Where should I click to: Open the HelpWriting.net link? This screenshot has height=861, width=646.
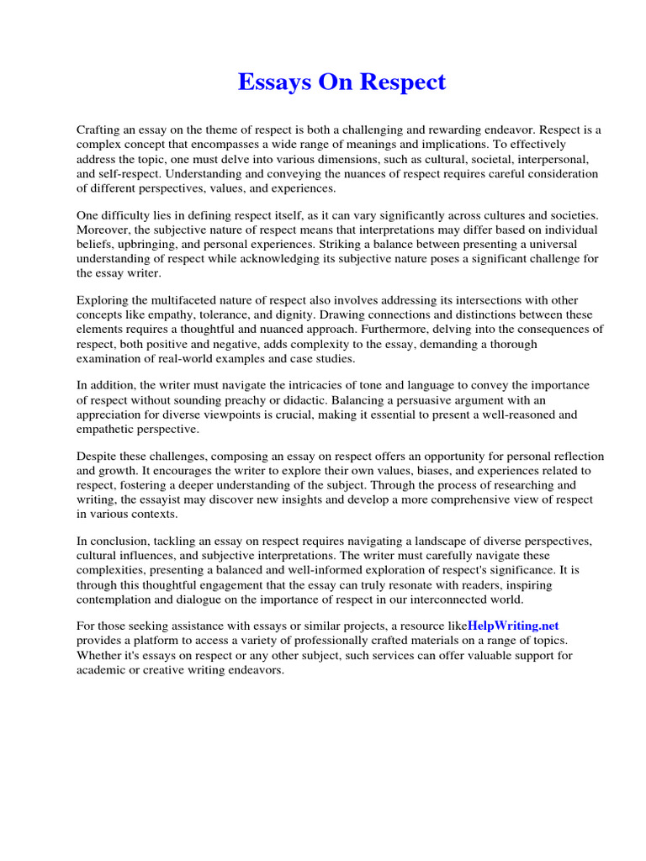[513, 626]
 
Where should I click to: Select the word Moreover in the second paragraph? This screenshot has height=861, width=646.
[103, 230]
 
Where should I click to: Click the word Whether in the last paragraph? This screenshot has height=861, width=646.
[101, 654]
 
